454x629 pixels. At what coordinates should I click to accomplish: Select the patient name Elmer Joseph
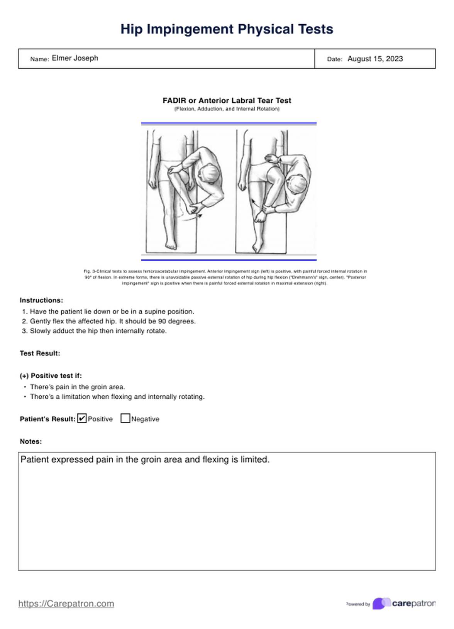click(x=75, y=58)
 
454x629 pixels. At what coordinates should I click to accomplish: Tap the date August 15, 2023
click(x=375, y=59)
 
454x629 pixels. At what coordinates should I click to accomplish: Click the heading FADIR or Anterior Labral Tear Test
click(x=227, y=101)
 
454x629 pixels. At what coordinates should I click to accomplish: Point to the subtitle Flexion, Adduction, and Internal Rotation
click(x=227, y=109)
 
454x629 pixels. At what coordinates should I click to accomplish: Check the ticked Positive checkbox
click(x=82, y=418)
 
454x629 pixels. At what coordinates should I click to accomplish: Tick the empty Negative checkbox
click(x=125, y=418)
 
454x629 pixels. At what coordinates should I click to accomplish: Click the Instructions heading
click(x=41, y=300)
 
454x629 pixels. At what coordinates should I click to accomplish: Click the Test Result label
click(x=40, y=353)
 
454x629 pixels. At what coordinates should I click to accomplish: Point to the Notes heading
click(x=30, y=441)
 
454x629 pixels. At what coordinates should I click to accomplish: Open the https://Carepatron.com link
click(x=66, y=604)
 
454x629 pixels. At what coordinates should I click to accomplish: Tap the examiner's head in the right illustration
click(x=298, y=184)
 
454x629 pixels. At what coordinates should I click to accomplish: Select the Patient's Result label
click(x=47, y=419)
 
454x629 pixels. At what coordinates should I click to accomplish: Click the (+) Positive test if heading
click(x=51, y=375)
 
